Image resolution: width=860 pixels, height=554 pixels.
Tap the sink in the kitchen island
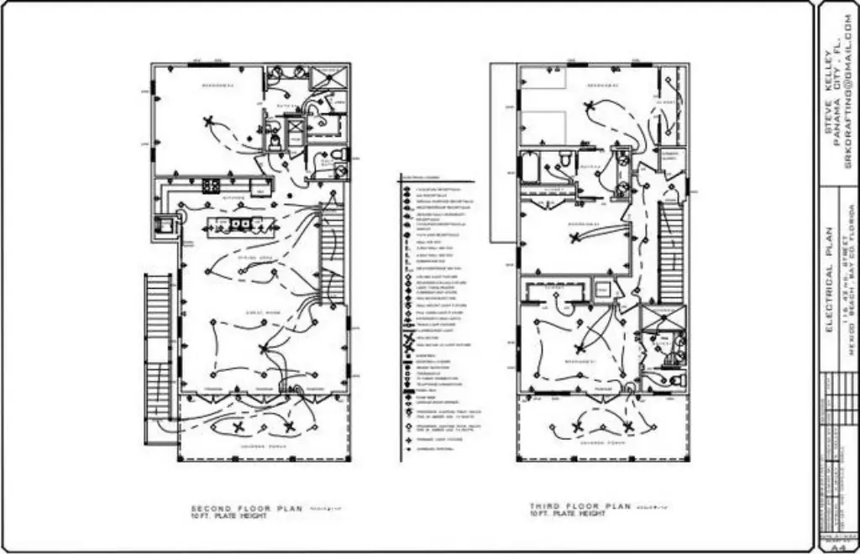(241, 224)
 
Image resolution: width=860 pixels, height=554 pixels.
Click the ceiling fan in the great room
(265, 348)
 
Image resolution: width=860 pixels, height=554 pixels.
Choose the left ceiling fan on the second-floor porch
(239, 428)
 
